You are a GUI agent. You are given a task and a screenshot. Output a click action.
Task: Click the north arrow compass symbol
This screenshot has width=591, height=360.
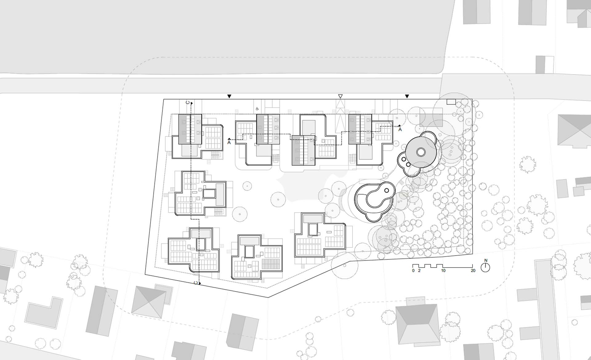click(485, 268)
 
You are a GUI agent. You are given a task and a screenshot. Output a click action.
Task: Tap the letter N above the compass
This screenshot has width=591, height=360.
click(486, 261)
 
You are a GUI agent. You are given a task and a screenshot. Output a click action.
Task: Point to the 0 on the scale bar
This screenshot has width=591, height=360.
click(413, 271)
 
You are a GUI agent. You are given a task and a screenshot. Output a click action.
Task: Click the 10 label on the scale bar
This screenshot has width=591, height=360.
click(443, 271)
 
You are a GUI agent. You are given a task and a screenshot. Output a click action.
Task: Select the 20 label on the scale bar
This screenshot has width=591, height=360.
click(473, 271)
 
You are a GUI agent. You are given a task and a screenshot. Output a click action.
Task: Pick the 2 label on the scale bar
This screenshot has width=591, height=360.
click(419, 271)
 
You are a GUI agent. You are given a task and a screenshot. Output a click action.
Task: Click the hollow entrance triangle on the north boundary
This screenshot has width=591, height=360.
click(340, 96)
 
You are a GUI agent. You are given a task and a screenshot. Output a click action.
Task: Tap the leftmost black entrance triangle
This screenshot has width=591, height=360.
click(229, 96)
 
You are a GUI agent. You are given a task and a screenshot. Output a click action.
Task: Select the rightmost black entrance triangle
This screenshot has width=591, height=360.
click(407, 96)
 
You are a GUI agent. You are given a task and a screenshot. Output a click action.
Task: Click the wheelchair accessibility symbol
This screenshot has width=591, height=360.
click(257, 109)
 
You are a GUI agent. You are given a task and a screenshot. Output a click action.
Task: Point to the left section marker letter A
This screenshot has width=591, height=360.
click(229, 143)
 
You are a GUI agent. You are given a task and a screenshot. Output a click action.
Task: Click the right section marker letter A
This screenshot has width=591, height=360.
click(400, 130)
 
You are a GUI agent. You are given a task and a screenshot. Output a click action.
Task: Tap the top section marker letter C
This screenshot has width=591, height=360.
click(188, 102)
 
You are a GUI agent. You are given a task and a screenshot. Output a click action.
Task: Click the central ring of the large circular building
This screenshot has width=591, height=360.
click(421, 152)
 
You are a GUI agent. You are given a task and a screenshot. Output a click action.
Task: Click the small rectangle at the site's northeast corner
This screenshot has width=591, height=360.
click(451, 102)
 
